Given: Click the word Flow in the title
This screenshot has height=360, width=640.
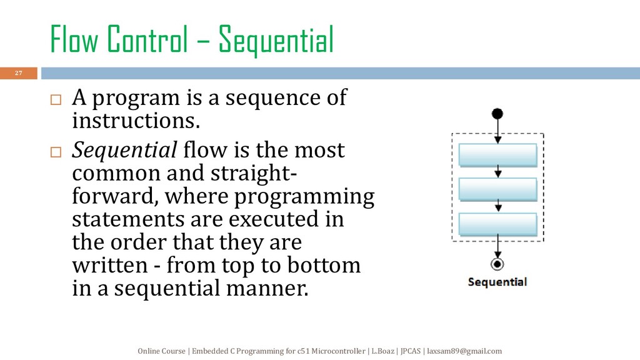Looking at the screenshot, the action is (74, 39).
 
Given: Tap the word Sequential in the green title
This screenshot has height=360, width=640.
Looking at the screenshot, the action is (276, 40).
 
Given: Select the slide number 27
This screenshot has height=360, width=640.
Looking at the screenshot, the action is (18, 73).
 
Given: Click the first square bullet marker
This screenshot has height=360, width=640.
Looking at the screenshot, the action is (56, 99).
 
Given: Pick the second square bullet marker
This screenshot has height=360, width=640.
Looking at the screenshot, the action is (56, 152).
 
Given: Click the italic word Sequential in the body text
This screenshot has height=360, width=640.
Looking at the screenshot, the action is (124, 151).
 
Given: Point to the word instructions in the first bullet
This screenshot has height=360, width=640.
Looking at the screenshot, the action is (136, 121).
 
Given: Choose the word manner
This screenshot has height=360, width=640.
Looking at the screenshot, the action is (267, 289).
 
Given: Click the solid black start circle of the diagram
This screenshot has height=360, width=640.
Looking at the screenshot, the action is (497, 114).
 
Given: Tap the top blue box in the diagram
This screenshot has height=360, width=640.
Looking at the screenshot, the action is (497, 155).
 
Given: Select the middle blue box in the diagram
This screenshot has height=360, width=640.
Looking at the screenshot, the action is (497, 189).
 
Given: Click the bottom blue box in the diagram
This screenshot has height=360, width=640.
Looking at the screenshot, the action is (497, 224).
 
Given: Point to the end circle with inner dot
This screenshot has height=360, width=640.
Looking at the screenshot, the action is (497, 264).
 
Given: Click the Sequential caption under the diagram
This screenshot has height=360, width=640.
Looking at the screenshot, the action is (497, 282).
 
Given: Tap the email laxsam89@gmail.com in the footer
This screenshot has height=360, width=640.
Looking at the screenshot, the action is (464, 351).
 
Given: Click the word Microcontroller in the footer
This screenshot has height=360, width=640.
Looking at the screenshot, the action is (338, 351).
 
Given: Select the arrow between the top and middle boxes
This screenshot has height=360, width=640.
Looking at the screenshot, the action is (498, 172).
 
